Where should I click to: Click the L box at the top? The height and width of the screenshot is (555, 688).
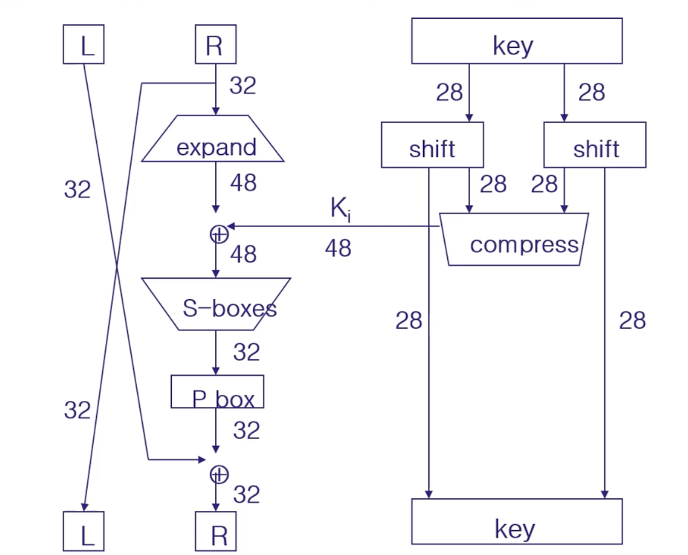tap(84, 44)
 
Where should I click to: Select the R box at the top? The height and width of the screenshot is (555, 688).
tap(215, 44)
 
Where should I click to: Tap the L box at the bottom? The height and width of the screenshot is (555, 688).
tap(84, 531)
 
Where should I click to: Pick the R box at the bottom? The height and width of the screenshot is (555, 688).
tap(215, 531)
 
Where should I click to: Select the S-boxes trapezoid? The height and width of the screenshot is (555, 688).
tap(216, 304)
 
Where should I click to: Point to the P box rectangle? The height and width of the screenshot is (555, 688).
tap(217, 392)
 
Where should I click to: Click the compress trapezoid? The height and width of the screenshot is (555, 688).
tap(514, 239)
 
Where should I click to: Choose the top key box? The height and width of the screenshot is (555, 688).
tap(517, 41)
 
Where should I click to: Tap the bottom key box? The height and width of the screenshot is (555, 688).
tap(517, 522)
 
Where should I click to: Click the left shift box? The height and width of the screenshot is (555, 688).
tap(432, 145)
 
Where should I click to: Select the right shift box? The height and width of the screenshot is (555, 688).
tap(595, 145)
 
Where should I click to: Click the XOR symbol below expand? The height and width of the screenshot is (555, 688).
tap(219, 234)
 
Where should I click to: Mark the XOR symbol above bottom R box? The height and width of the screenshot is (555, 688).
tap(219, 474)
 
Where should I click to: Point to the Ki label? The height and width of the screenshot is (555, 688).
tap(340, 209)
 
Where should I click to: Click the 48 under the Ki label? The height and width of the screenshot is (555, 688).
tap(338, 248)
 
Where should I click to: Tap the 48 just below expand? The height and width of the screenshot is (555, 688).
tap(243, 183)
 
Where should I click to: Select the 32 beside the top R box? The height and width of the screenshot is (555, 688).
tap(243, 86)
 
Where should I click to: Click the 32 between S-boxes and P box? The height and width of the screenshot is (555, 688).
tap(246, 352)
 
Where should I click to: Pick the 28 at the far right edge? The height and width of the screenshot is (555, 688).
tap(632, 321)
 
